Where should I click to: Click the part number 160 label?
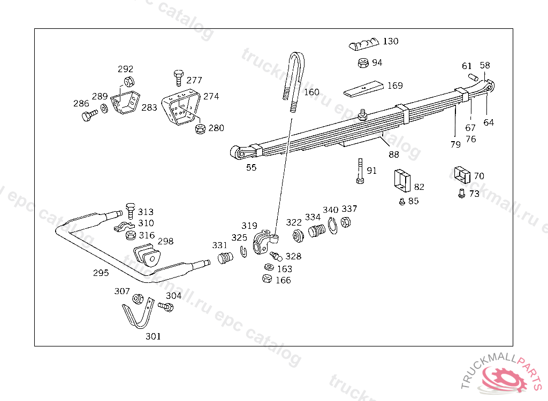(x=311, y=92)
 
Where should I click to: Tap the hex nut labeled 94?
(x=362, y=63)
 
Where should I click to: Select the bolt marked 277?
(x=179, y=78)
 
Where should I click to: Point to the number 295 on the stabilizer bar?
(x=101, y=273)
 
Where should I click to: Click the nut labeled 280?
(x=201, y=128)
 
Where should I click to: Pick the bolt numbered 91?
(x=360, y=171)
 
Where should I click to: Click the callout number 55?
(x=251, y=167)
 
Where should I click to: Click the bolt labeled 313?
(x=129, y=211)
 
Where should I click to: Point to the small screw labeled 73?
(x=461, y=194)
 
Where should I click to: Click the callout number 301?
(x=153, y=336)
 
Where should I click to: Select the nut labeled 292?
(x=128, y=82)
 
